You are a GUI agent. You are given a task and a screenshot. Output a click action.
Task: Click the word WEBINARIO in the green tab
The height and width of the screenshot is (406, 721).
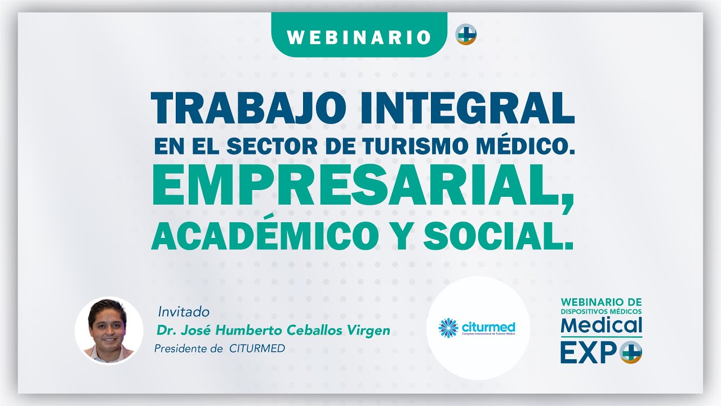[x=359, y=37]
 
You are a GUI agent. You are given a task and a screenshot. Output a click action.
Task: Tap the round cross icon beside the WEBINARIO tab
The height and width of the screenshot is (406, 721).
[x=466, y=34]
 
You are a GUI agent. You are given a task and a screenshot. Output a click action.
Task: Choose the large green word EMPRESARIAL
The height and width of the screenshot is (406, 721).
[x=360, y=189]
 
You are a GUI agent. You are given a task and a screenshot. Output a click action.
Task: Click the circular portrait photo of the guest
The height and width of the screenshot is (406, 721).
[x=109, y=330]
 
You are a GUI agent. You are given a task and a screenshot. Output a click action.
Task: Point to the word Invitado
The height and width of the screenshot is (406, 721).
[x=184, y=311]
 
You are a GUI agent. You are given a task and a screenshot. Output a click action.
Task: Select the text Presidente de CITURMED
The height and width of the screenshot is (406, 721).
[x=220, y=348]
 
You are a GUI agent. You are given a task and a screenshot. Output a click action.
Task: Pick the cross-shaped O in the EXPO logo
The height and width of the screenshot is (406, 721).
[x=630, y=353]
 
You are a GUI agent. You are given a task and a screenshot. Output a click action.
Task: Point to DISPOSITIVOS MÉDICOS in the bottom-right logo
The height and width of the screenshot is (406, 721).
[x=601, y=311]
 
